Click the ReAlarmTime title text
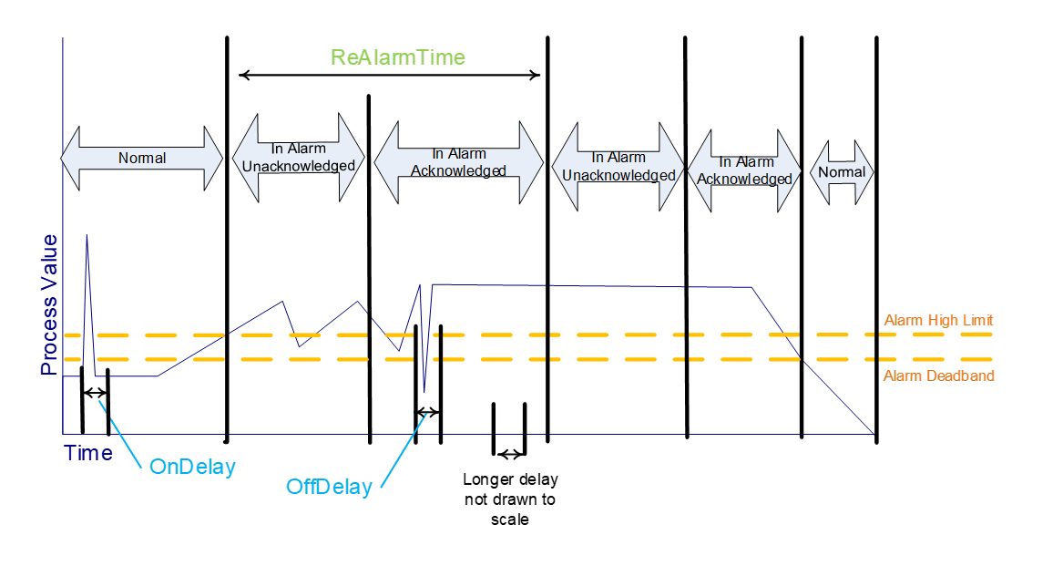coord(398,57)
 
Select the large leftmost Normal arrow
coord(141,158)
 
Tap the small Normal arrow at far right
coord(842,171)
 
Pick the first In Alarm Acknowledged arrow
coord(458,162)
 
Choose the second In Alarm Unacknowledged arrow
coord(618,166)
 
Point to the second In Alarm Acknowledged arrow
coord(744,170)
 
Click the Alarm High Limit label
coord(938,320)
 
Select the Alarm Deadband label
coord(939,376)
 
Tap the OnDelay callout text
coord(192,468)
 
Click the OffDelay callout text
coord(329,487)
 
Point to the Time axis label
coord(88,453)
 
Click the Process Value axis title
coord(48,305)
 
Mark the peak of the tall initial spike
coord(87,235)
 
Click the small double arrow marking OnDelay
coord(95,393)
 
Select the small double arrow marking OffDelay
coord(427,413)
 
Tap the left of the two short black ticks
coord(494,417)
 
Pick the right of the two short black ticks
coord(525,417)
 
